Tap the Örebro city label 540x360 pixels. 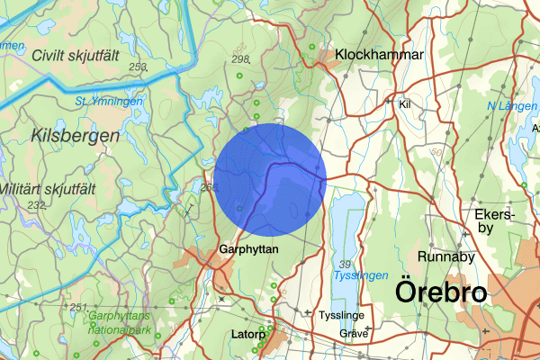click(441, 292)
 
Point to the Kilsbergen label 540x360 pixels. click(76, 136)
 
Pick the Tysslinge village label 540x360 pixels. click(341, 316)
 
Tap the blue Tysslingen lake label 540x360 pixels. click(361, 275)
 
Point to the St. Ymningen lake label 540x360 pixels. click(109, 102)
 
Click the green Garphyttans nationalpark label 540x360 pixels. click(125, 322)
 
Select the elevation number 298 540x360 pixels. click(240, 59)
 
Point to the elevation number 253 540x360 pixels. click(137, 67)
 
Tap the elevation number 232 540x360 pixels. click(36, 205)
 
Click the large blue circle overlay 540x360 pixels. click(270, 180)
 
